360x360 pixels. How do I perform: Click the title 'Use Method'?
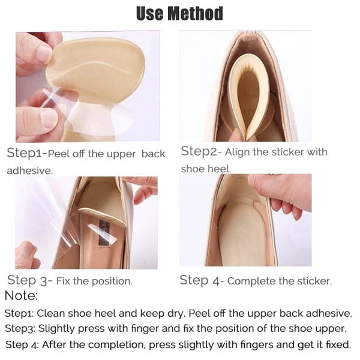pyautogui.click(x=179, y=13)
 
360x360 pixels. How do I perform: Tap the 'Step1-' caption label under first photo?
pyautogui.click(x=27, y=153)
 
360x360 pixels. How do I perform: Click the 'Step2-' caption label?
pyautogui.click(x=201, y=152)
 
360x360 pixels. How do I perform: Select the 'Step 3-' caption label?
pyautogui.click(x=30, y=281)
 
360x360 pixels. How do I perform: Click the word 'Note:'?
pyautogui.click(x=21, y=295)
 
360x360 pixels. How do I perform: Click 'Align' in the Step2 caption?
pyautogui.click(x=235, y=152)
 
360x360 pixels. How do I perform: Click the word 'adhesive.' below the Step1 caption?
pyautogui.click(x=30, y=170)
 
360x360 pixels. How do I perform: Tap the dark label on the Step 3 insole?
pyautogui.click(x=104, y=232)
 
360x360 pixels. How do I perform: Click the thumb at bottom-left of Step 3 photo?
pyautogui.click(x=27, y=255)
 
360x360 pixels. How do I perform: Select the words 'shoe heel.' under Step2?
pyautogui.click(x=206, y=169)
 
